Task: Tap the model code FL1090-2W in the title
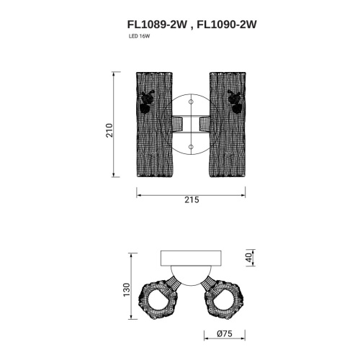227,23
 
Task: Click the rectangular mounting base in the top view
191,258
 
